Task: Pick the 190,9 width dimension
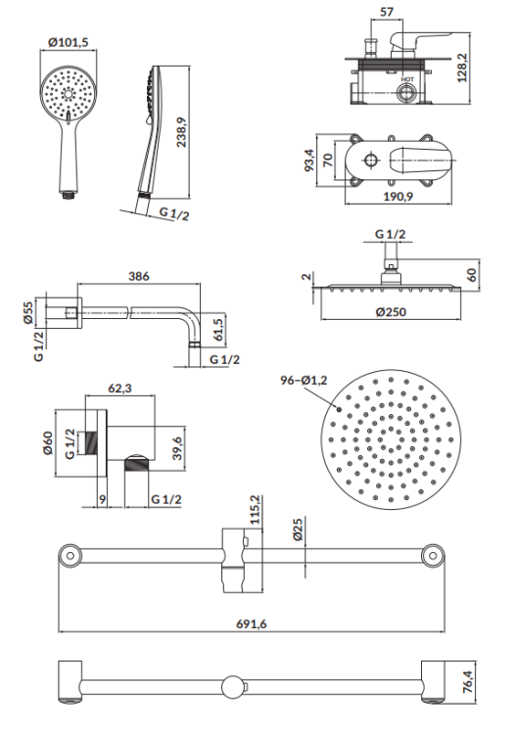tap(397, 197)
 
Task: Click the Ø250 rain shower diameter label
tap(392, 313)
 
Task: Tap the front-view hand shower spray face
tap(68, 94)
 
